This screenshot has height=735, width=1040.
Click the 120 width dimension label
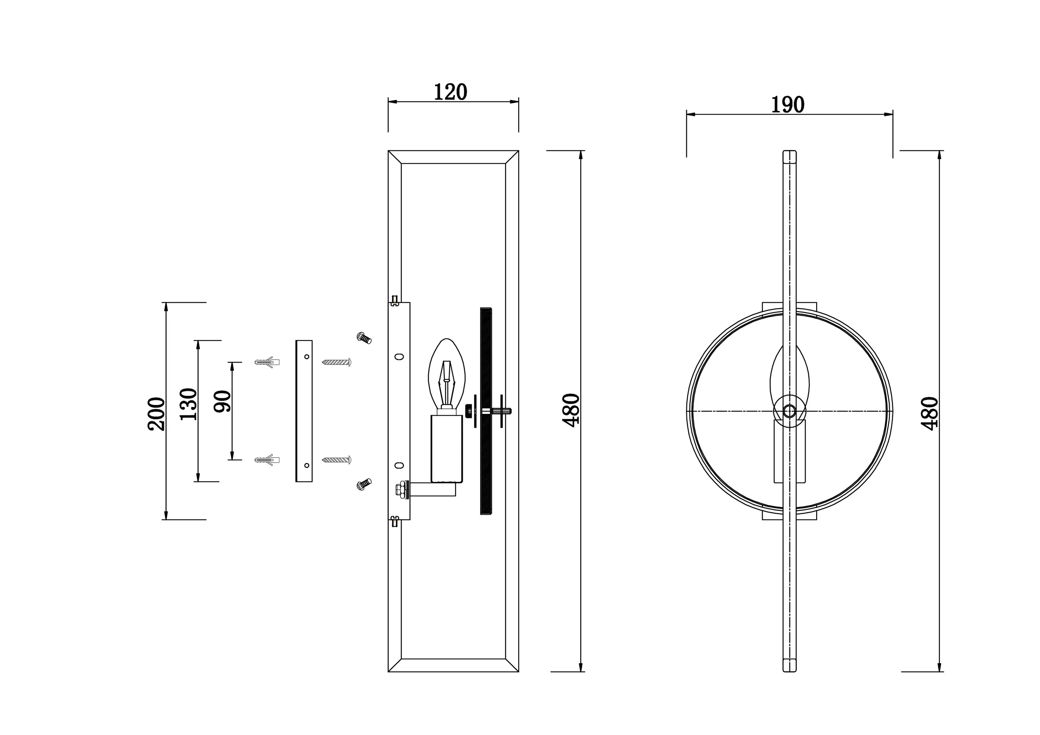450,92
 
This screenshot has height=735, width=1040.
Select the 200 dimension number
157,413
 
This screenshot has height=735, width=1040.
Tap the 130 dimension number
189,404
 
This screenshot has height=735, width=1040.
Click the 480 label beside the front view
929,413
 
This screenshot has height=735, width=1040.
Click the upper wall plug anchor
267,362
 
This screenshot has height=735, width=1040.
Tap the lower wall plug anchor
267,460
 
